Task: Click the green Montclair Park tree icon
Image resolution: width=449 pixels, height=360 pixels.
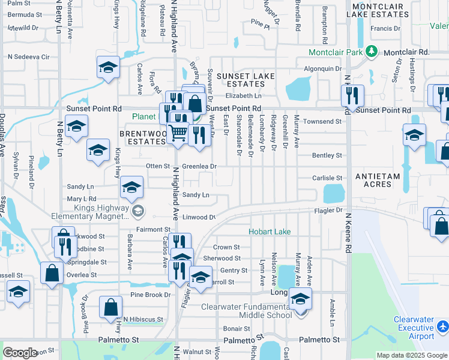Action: click(372, 52)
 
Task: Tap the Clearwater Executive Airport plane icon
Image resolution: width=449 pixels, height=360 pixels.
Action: click(442, 326)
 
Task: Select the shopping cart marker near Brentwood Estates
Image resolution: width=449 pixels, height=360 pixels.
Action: click(177, 133)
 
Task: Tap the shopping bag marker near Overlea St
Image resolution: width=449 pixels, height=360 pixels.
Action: click(52, 272)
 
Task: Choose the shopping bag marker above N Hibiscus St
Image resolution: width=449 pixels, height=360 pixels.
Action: click(112, 307)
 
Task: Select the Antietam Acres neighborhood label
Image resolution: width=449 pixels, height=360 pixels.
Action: click(382, 180)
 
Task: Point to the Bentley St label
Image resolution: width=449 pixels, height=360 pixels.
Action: click(327, 155)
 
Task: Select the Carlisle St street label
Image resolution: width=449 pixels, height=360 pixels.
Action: click(327, 178)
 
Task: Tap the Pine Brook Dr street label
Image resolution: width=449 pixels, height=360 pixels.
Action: click(151, 295)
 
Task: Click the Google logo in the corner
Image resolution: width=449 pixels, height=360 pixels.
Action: click(20, 353)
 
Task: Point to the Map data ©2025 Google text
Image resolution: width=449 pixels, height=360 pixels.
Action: click(411, 355)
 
